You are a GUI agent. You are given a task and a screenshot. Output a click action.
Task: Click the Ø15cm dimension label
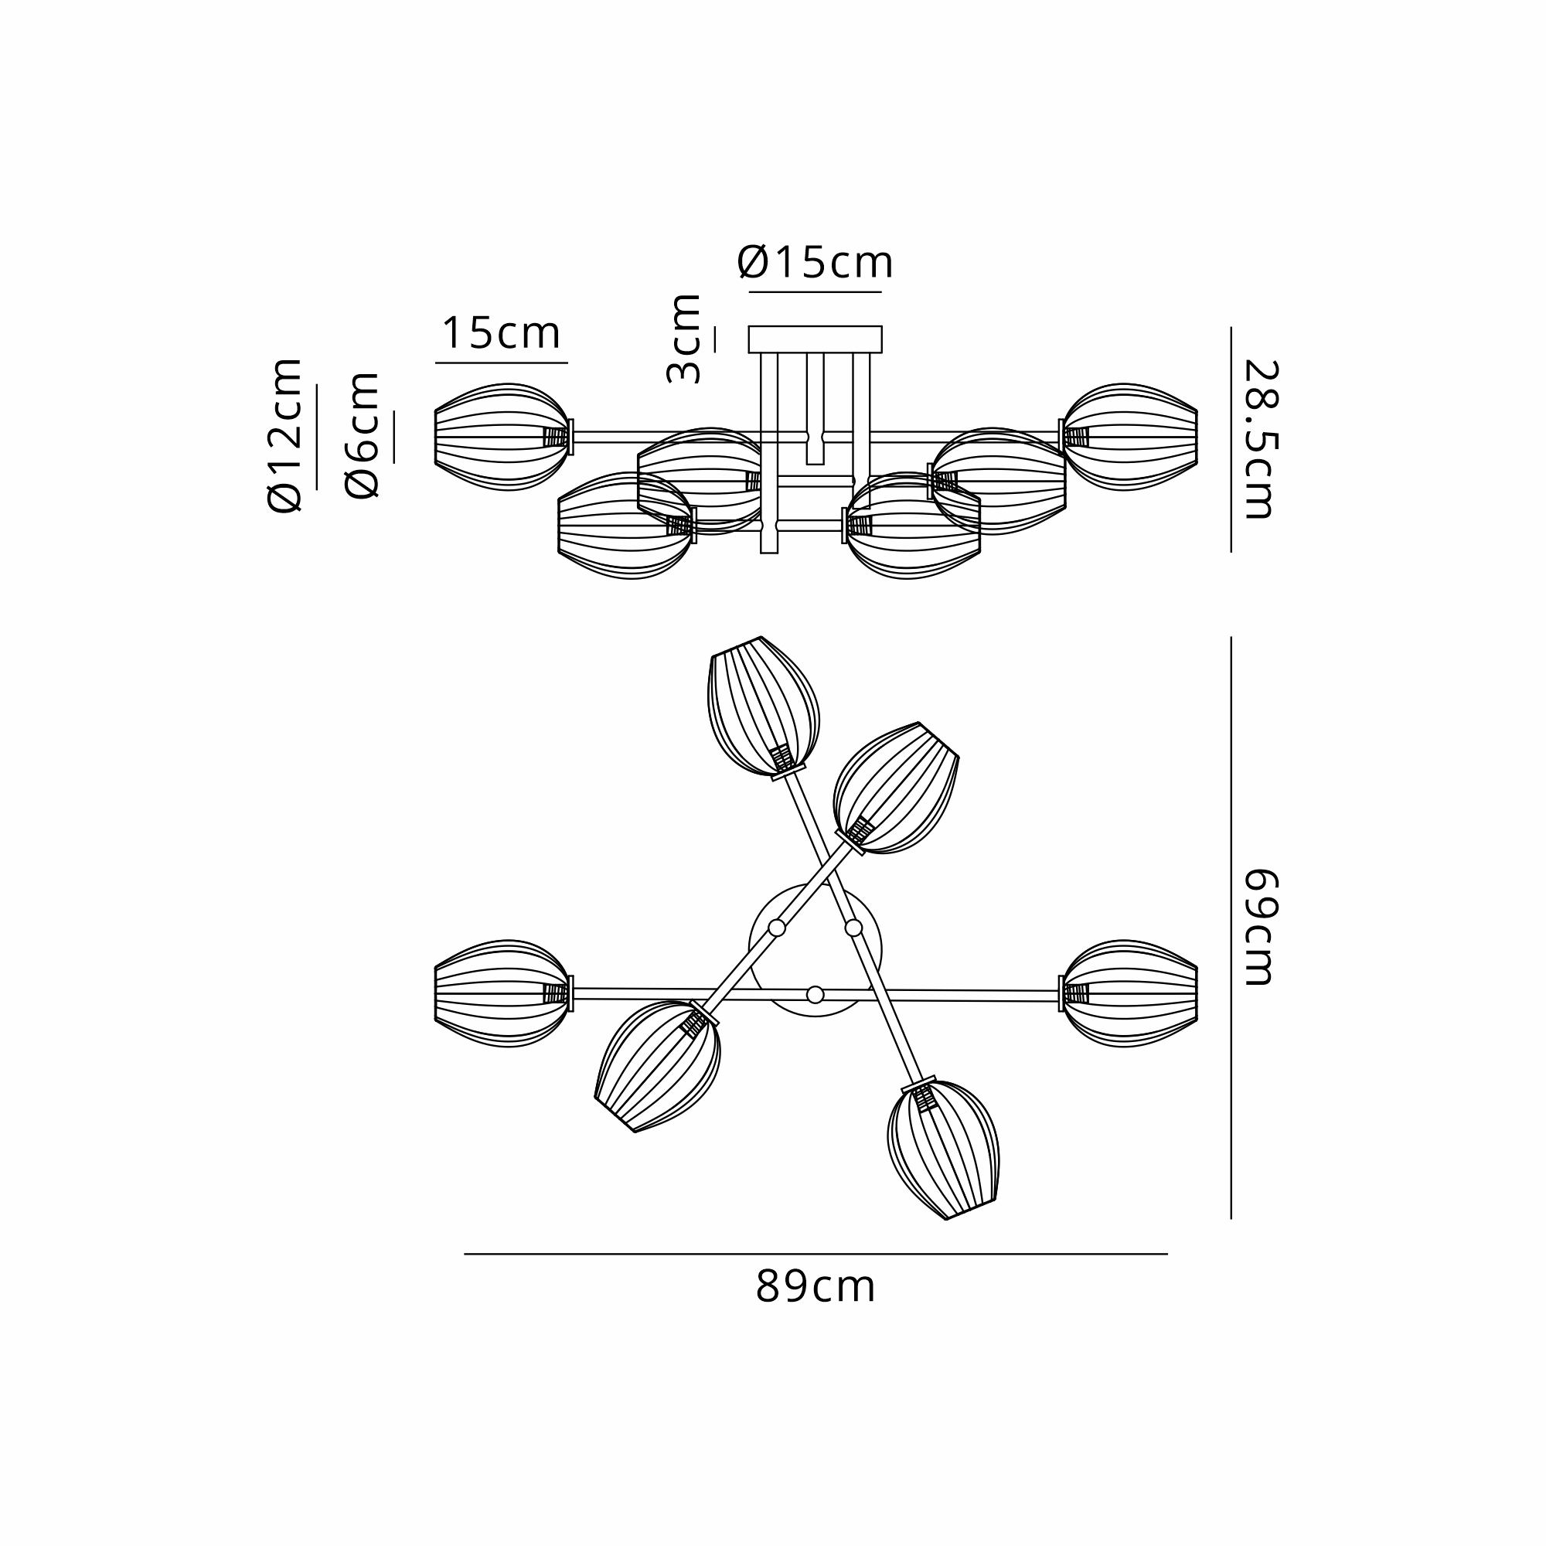[x=815, y=263]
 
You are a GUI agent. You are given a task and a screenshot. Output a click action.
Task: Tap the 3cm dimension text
[x=684, y=339]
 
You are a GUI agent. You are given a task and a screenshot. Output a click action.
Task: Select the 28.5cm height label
[x=1260, y=439]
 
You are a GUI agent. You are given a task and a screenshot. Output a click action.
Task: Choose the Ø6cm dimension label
[x=362, y=435]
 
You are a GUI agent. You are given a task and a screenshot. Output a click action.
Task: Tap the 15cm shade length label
[x=501, y=333]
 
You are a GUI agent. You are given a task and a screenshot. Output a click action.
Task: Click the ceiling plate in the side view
[x=815, y=339]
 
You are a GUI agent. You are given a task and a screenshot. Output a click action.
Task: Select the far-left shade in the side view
[x=502, y=437]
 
